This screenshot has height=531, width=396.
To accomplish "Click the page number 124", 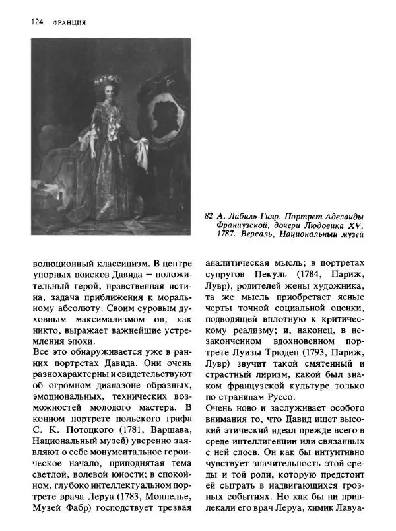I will (x=37, y=22).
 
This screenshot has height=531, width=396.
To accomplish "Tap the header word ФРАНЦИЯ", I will (x=69, y=22).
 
